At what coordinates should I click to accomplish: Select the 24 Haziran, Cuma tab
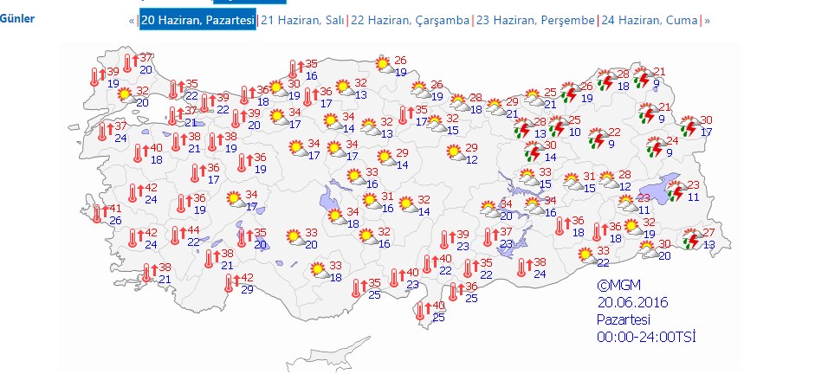pos(650,20)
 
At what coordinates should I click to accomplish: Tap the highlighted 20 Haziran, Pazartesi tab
pos(197,20)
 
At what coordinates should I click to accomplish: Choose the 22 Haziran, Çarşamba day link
pos(410,20)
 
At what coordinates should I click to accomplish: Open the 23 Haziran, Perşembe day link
pos(535,20)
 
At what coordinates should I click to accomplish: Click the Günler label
pos(17,18)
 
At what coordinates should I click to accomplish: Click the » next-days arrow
pos(708,20)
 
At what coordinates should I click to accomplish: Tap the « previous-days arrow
pos(132,20)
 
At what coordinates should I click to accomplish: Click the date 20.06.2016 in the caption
pos(633,302)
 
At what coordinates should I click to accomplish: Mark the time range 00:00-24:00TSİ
pos(646,337)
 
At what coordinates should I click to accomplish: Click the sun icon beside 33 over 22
pos(586,255)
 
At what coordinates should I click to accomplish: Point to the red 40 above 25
pos(438,306)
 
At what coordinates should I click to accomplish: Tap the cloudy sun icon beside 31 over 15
pos(572,182)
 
